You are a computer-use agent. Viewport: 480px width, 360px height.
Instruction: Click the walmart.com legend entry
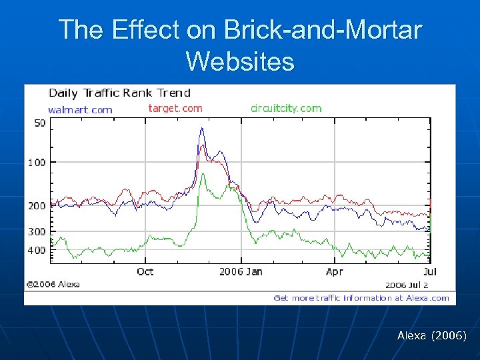pos(80,109)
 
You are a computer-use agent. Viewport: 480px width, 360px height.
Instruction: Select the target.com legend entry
pos(175,108)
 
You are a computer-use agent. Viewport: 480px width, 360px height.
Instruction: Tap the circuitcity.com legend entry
pos(286,108)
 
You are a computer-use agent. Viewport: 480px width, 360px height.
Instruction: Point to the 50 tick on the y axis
pos(40,123)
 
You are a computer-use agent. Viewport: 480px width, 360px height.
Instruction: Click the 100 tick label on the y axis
pos(37,162)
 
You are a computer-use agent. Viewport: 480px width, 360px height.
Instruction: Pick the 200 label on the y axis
pos(37,206)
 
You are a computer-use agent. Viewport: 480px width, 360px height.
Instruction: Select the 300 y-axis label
pos(37,232)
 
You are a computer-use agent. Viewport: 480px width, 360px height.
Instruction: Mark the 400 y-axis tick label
pos(37,251)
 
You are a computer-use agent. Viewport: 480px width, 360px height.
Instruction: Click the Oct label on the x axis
pos(145,271)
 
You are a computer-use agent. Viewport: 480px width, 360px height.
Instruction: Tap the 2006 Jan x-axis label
pos(241,271)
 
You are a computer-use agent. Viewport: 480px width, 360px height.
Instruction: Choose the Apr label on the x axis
pos(334,271)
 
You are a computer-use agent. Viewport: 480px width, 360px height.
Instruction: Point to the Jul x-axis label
pos(430,271)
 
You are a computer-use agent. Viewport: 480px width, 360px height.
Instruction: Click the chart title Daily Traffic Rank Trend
pos(119,93)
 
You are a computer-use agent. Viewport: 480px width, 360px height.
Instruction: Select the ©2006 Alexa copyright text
pos(53,285)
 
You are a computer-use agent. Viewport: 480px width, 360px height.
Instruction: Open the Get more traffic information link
pos(361,298)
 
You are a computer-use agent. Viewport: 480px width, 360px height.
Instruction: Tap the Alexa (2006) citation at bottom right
pos(431,336)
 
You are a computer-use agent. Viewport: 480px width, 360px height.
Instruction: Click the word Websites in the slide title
pos(240,61)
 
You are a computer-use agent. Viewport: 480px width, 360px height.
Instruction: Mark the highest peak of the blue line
pos(202,129)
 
